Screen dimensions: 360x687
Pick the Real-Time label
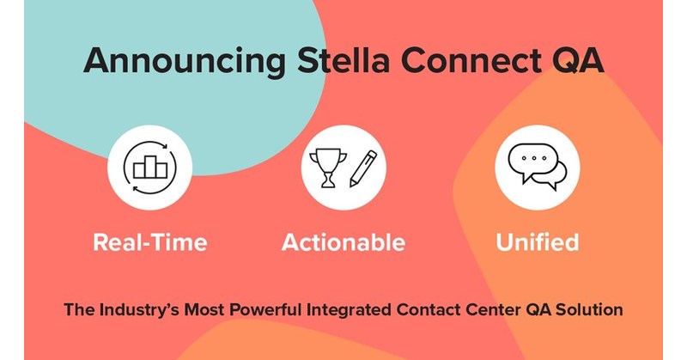click(149, 242)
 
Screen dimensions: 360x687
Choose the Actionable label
click(343, 242)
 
